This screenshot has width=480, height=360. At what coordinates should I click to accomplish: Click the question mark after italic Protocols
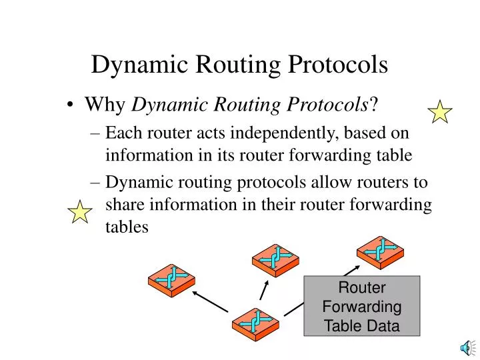(375, 105)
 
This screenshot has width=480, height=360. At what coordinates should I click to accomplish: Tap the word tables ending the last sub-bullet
(127, 227)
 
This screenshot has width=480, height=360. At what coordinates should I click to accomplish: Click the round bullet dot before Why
(71, 105)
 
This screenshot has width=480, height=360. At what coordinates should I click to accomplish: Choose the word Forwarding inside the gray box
(362, 307)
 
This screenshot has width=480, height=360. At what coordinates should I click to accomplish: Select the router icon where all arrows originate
(255, 324)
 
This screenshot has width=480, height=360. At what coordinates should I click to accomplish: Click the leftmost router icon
(171, 279)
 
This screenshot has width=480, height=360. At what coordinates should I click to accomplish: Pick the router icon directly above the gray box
(380, 251)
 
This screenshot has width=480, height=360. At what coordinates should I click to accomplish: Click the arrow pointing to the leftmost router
(209, 301)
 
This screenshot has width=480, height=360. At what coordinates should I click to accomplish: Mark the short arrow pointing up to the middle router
(264, 290)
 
